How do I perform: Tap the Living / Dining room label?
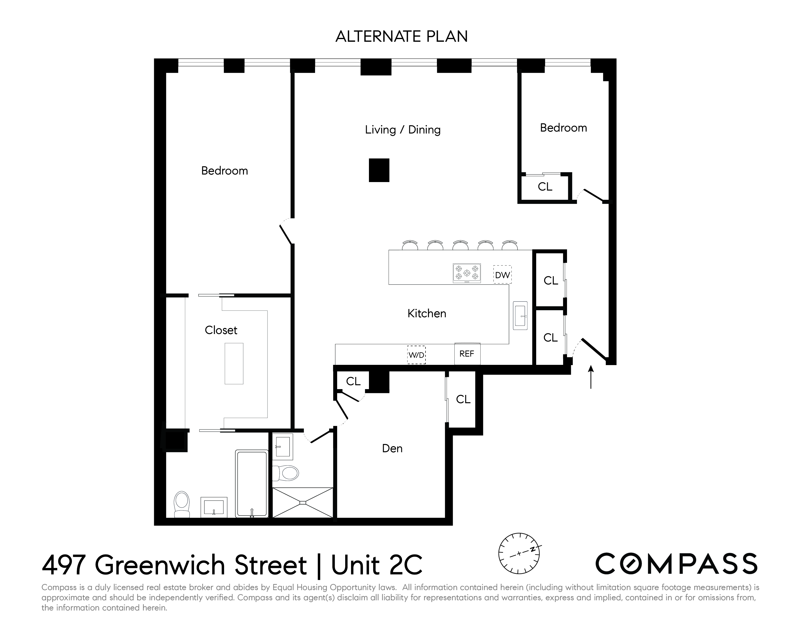[402, 130]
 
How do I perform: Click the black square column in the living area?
[379, 170]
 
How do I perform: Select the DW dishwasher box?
[502, 275]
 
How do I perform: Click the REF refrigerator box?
[467, 354]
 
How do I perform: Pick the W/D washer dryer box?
[416, 355]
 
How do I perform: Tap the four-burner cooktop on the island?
[467, 273]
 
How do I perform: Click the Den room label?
[392, 449]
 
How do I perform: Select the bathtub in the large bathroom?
[252, 484]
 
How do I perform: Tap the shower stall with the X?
[303, 502]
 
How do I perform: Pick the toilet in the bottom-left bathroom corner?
[182, 504]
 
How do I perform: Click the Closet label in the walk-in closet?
[221, 330]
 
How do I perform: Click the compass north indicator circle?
[519, 553]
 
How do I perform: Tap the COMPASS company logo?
[676, 564]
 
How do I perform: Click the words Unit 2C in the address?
[377, 565]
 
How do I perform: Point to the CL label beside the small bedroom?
[545, 187]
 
